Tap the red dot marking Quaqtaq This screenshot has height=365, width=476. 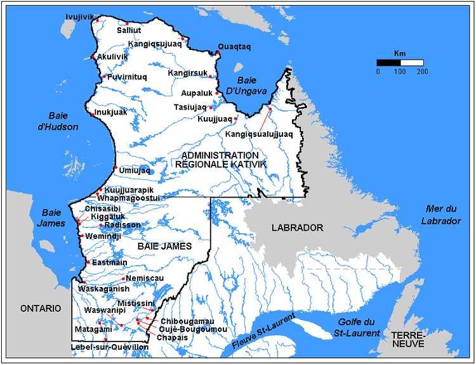pos(218,53)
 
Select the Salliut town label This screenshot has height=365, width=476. pos(129,30)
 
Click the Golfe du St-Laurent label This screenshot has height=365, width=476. pos(359,328)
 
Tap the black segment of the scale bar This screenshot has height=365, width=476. pos(388,63)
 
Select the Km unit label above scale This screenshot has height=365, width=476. pos(400,53)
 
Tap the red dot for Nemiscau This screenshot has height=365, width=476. pos(122,278)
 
